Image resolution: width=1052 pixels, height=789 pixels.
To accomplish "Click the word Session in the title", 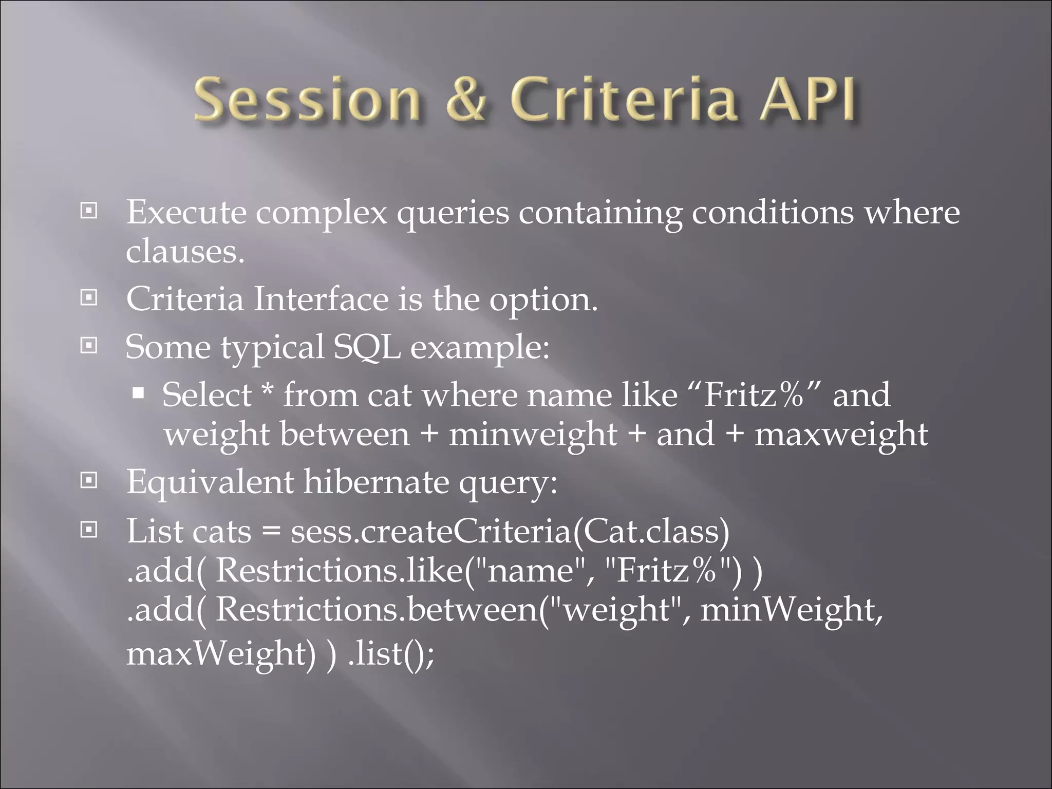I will point(307,99).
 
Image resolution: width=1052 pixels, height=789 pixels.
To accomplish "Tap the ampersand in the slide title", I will point(466,99).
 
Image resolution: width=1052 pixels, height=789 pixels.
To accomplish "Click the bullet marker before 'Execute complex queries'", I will point(89,211).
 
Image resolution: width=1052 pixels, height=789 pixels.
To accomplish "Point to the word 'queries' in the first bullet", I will point(453,213).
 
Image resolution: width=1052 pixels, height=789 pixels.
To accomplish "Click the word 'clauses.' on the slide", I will point(185,252).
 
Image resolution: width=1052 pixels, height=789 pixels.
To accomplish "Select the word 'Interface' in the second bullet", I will point(321,299).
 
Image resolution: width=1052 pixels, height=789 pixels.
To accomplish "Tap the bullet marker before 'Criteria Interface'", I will point(89,297).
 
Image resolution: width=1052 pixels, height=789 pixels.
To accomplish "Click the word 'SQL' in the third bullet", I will point(367,347).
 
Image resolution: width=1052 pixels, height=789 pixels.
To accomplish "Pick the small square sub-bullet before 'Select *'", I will point(138,394).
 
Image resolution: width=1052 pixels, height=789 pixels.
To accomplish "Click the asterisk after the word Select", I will point(267,390).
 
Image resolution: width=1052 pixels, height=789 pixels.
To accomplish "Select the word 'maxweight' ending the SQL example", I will point(841,435).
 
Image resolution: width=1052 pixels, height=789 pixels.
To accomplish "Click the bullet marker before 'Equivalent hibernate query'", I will point(89,481).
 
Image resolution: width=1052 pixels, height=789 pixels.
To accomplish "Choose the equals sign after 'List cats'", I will point(271,532).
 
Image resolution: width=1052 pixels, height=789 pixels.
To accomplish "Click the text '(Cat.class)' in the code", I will point(650,531).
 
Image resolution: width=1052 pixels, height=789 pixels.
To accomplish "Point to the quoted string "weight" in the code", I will point(616,610).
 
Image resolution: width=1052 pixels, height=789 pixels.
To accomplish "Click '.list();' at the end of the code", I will point(391,653).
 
